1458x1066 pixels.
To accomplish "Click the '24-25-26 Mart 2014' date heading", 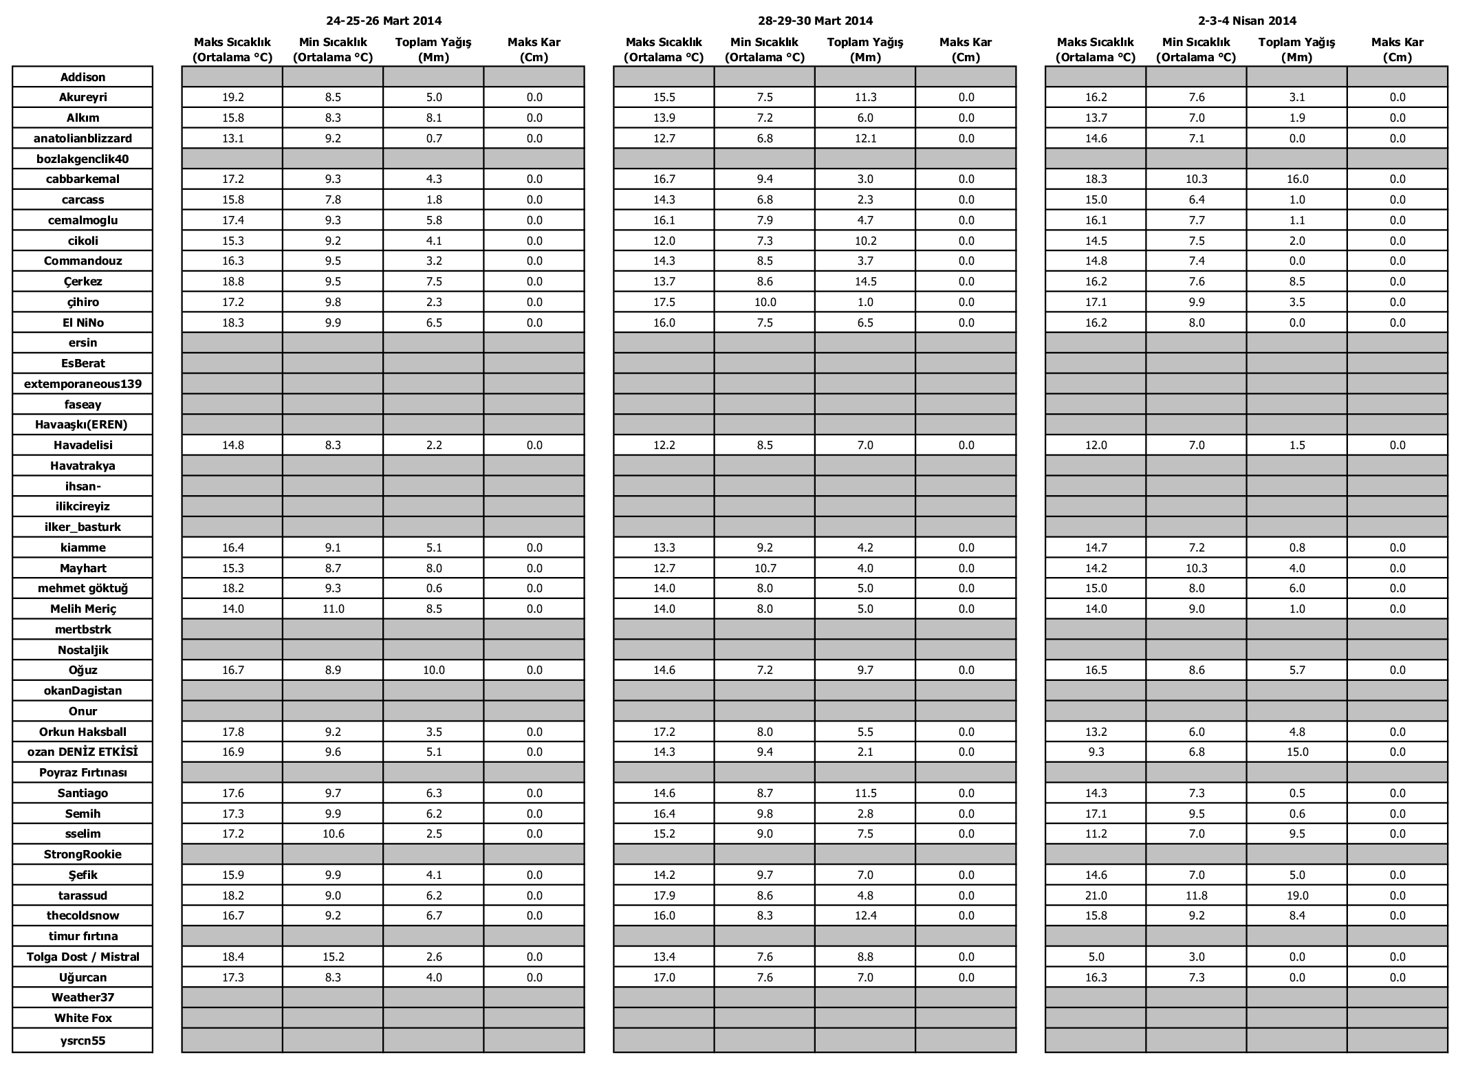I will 383,21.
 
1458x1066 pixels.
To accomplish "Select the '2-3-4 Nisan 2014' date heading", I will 1246,21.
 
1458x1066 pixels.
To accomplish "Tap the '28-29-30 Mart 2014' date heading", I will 815,21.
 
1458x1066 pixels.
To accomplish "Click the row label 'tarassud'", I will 83,895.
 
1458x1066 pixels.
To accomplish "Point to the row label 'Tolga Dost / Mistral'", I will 83,957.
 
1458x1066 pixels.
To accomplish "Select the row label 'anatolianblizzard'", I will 83,138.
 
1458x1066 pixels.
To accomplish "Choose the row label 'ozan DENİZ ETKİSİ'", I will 83,752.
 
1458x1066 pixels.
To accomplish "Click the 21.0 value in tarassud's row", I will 1096,895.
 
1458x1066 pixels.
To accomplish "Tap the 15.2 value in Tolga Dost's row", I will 333,957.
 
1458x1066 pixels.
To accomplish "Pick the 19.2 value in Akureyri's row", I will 232,98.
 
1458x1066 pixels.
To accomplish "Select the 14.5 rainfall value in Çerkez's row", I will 865,281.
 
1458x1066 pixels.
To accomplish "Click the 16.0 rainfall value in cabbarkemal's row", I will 1296,179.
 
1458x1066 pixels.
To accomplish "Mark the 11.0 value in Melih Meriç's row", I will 333,609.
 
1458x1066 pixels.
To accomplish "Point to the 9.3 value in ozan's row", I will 1096,752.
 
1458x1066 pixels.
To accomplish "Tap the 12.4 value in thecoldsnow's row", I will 865,915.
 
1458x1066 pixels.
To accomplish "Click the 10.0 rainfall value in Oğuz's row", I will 434,670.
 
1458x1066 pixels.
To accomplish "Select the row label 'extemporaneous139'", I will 83,384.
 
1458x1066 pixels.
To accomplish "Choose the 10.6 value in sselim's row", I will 333,834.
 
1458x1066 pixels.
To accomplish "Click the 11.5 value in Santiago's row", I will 865,793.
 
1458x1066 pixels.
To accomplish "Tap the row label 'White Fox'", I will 83,1018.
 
